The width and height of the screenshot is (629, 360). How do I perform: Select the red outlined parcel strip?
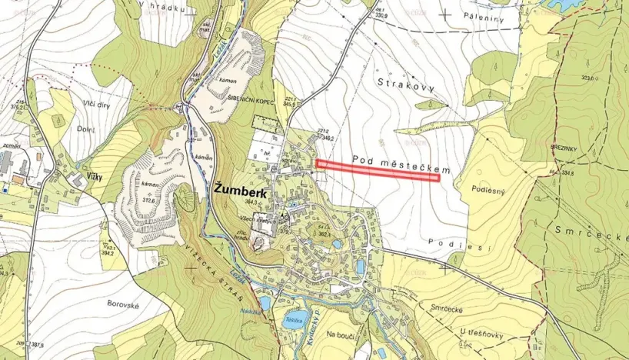pyautogui.click(x=378, y=170)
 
